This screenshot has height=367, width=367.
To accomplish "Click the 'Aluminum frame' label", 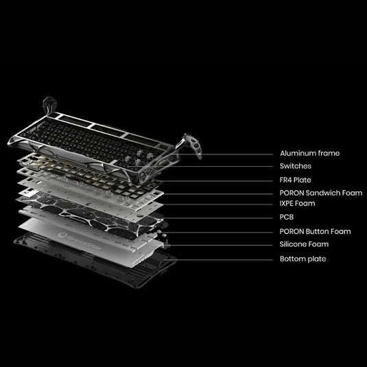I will coord(309,154).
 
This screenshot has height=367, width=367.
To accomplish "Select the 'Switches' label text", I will coord(295,166).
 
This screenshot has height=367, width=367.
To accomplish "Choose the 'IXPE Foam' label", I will coord(298,204).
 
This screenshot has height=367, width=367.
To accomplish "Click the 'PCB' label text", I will coord(287,217).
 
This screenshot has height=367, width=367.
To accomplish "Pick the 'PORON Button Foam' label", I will coord(315,231).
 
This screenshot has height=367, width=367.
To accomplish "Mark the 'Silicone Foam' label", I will coord(304,244).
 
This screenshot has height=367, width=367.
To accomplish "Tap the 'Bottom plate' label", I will coord(303,259).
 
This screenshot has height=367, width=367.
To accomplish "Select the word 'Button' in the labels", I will coord(320,231).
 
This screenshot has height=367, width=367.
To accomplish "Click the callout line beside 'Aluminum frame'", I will coord(233,154).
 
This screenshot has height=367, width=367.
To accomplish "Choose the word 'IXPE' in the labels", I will coord(288,204).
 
